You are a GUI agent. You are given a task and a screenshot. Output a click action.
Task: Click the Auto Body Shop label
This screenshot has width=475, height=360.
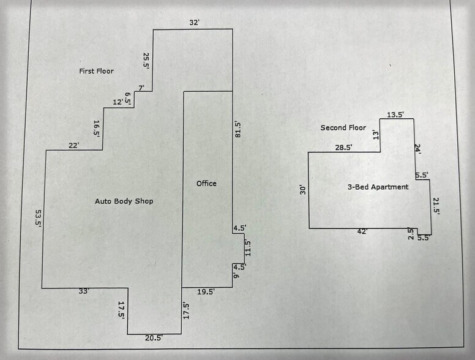(x=124, y=201)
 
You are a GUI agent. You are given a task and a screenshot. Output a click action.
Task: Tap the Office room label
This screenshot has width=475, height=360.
(x=206, y=183)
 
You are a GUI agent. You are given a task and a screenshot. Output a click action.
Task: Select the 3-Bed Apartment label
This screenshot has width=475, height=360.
(x=378, y=187)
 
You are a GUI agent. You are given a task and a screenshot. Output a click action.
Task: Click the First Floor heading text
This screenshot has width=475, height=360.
(x=96, y=71)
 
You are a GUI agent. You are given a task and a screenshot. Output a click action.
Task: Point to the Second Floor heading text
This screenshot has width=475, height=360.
(x=343, y=127)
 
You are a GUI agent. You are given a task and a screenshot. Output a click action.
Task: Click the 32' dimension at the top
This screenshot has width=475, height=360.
(x=194, y=23)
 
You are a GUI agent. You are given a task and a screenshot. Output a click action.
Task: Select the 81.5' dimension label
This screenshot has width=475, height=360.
(x=238, y=130)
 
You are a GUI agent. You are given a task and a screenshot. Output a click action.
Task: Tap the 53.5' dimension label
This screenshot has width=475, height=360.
(x=39, y=218)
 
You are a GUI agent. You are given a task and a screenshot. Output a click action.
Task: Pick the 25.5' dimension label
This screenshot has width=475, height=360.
(x=146, y=61)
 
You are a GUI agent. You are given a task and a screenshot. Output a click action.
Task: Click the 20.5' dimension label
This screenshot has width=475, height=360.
(x=154, y=337)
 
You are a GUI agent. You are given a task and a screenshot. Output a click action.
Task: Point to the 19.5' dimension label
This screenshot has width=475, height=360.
(x=206, y=291)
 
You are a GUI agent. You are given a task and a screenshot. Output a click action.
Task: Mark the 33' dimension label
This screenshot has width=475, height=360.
(x=84, y=291)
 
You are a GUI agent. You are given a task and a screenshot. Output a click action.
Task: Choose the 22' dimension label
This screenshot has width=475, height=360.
(x=73, y=146)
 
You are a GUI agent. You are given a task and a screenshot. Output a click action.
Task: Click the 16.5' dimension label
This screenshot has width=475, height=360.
(x=97, y=129)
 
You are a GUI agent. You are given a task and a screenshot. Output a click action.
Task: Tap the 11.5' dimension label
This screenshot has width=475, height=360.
(x=248, y=248)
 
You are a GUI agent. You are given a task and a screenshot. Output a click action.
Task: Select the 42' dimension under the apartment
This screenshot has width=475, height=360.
(x=362, y=231)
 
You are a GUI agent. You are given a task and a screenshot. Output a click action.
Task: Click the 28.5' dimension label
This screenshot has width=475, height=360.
(x=343, y=148)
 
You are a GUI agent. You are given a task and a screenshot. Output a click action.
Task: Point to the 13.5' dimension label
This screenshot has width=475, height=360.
(x=395, y=114)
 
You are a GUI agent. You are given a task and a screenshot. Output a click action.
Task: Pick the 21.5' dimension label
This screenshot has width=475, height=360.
(x=436, y=206)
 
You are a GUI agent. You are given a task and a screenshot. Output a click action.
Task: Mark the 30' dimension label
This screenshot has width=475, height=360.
(x=302, y=190)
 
